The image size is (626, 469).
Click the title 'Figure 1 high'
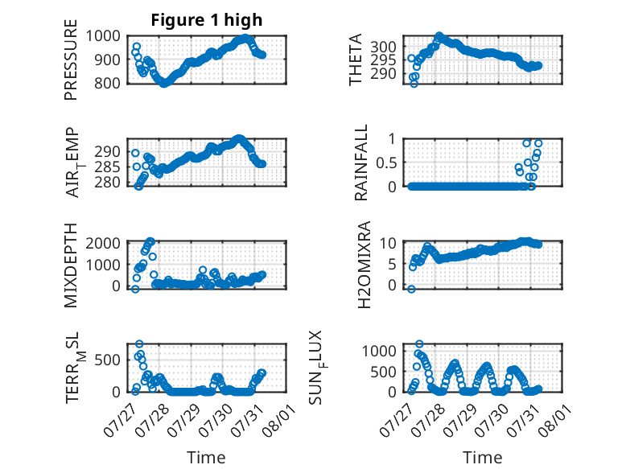point(207,20)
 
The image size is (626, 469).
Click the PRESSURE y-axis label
point(70,60)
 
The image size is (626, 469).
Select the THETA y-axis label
point(355,60)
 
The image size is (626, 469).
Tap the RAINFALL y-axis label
point(360,163)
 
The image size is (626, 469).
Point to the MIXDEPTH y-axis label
point(70,265)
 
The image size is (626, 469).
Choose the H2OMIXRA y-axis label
point(364,265)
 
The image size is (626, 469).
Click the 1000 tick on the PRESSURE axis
point(103,36)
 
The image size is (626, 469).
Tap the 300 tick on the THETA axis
point(383,47)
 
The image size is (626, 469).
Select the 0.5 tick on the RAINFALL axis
point(386,163)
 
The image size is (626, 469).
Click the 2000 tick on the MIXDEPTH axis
point(103,243)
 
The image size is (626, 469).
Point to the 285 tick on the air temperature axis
point(107,167)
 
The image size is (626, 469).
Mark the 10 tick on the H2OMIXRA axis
point(388,243)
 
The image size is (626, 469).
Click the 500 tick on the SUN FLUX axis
point(383,372)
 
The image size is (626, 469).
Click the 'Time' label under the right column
point(482,458)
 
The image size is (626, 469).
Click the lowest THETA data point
point(414,84)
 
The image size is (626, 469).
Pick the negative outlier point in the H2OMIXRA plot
point(411,289)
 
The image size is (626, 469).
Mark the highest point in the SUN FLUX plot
point(419,344)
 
